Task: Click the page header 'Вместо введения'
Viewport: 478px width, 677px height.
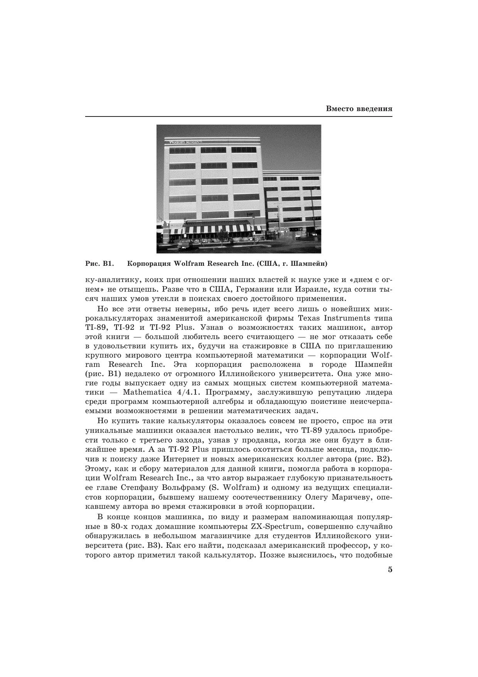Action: coord(359,109)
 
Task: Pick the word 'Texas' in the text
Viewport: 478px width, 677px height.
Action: coord(310,318)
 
